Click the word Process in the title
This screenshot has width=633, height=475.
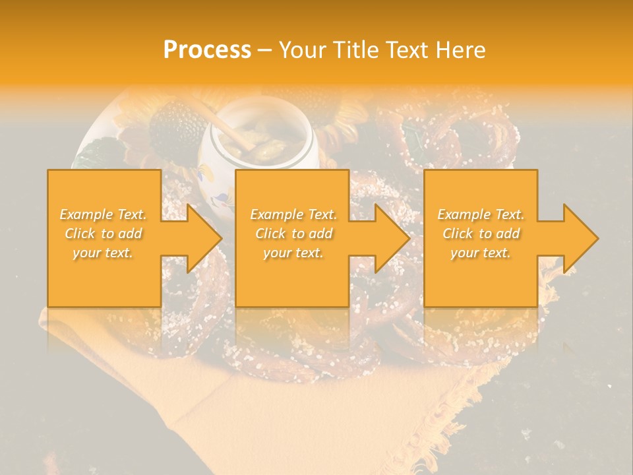tap(207, 50)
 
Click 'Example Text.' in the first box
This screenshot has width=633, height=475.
tap(104, 214)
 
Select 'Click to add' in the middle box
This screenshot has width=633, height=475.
tap(293, 234)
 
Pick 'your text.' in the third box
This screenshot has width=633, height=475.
tap(481, 253)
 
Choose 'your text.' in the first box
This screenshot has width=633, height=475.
tap(104, 253)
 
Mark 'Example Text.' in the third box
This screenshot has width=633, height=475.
tap(481, 214)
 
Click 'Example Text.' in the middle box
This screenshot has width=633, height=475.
tap(293, 214)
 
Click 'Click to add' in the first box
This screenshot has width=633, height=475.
tap(104, 234)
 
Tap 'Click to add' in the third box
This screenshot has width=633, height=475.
tap(481, 234)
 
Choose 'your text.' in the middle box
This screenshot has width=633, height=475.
tap(293, 253)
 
